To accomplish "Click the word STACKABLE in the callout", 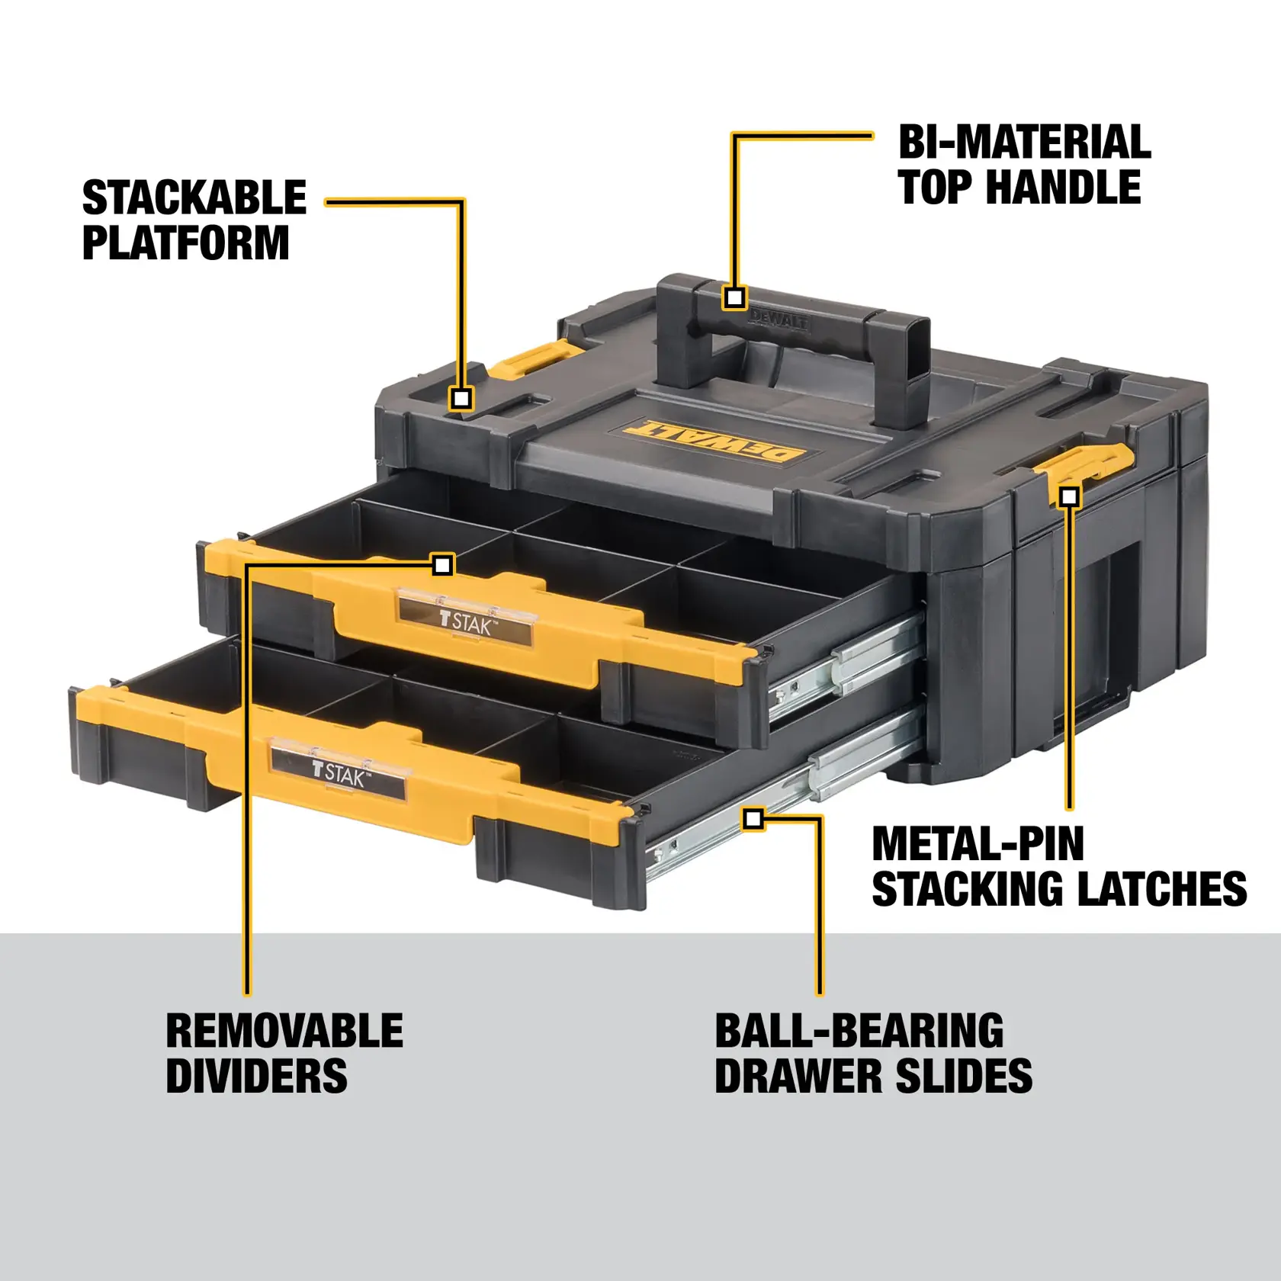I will click(194, 198).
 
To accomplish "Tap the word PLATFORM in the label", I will click(185, 243).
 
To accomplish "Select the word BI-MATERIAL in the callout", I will click(1024, 143).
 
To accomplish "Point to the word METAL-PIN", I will click(978, 844).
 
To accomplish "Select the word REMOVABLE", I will click(284, 1031).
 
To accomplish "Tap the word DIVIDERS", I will click(256, 1076).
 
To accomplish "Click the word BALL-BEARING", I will click(859, 1031).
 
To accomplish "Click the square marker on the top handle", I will click(735, 297).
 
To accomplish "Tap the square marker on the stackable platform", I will click(461, 398).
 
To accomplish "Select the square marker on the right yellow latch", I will click(1070, 497).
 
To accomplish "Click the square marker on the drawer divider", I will click(442, 565).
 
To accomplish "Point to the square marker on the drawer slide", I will click(753, 820).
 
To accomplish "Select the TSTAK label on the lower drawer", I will click(339, 772).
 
